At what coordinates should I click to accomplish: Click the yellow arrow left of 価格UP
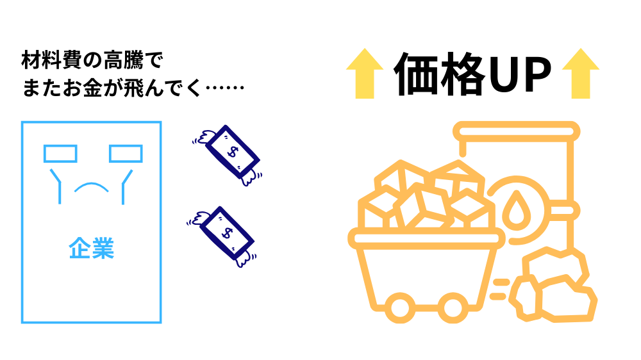click(x=364, y=73)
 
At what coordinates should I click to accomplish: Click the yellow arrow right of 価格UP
click(x=580, y=73)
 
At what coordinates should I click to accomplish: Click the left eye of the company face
click(x=60, y=154)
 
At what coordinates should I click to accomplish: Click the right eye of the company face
click(x=125, y=154)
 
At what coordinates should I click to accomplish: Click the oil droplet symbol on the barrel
click(x=515, y=209)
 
